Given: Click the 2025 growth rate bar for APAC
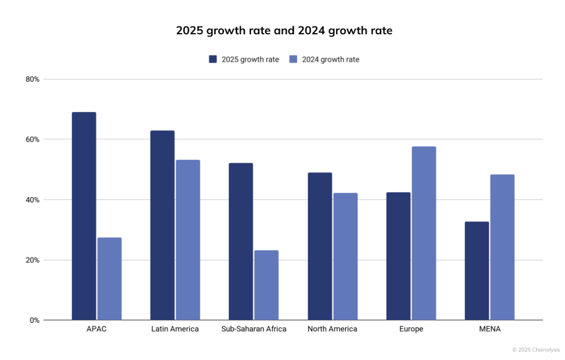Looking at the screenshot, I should [x=84, y=216].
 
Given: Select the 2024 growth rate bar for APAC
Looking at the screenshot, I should [x=110, y=279].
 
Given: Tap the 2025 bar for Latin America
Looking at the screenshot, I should [x=162, y=225].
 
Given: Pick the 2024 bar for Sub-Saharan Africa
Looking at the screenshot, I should [x=266, y=285].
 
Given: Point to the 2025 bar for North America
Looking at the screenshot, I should [x=320, y=246].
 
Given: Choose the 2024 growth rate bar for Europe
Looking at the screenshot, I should [x=424, y=234].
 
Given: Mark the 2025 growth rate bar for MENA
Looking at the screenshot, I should [x=477, y=271].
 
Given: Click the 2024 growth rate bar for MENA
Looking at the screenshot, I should [x=502, y=247].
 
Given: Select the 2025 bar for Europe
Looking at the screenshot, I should [x=398, y=256].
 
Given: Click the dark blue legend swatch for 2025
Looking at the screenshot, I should [x=213, y=59].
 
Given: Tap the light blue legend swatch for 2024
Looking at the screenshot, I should [x=293, y=59].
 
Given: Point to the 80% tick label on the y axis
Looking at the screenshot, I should [x=32, y=80].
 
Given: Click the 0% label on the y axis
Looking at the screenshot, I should [x=34, y=320].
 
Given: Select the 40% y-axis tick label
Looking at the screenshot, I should [x=32, y=200].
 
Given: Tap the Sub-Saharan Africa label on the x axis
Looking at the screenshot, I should [x=254, y=329].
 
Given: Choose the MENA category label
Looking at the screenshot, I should [x=490, y=329].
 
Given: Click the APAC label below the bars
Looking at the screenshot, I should [x=96, y=329].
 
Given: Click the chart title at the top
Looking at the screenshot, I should [x=284, y=31].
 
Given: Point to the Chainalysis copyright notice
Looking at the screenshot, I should [x=536, y=349].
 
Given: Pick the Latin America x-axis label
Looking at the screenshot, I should [x=175, y=329].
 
